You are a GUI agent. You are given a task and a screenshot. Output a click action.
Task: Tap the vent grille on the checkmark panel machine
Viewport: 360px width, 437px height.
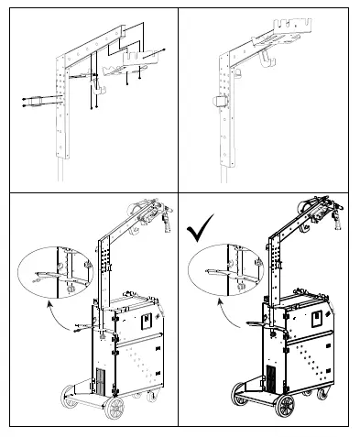click(271, 377)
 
